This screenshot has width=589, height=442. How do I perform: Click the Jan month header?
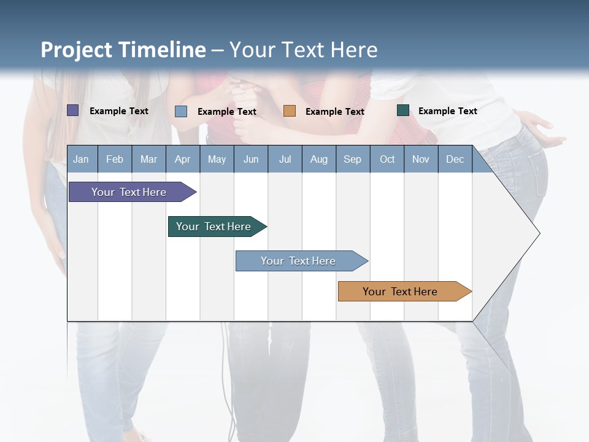click(81, 159)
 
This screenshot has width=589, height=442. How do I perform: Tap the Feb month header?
click(115, 159)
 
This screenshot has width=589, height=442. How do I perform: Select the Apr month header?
click(182, 159)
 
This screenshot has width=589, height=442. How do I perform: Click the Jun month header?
click(251, 159)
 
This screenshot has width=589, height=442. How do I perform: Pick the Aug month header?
click(318, 159)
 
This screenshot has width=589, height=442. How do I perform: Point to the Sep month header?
click(352, 159)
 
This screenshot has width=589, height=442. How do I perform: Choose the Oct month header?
click(387, 159)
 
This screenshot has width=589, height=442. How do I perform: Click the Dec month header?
click(455, 159)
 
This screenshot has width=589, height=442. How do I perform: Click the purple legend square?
click(73, 110)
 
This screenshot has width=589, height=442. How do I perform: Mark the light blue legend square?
click(181, 111)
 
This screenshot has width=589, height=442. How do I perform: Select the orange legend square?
click(290, 111)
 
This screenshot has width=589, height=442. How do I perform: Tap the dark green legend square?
click(403, 110)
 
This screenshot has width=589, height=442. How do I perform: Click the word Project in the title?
click(75, 50)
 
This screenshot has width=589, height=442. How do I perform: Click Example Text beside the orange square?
click(334, 112)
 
